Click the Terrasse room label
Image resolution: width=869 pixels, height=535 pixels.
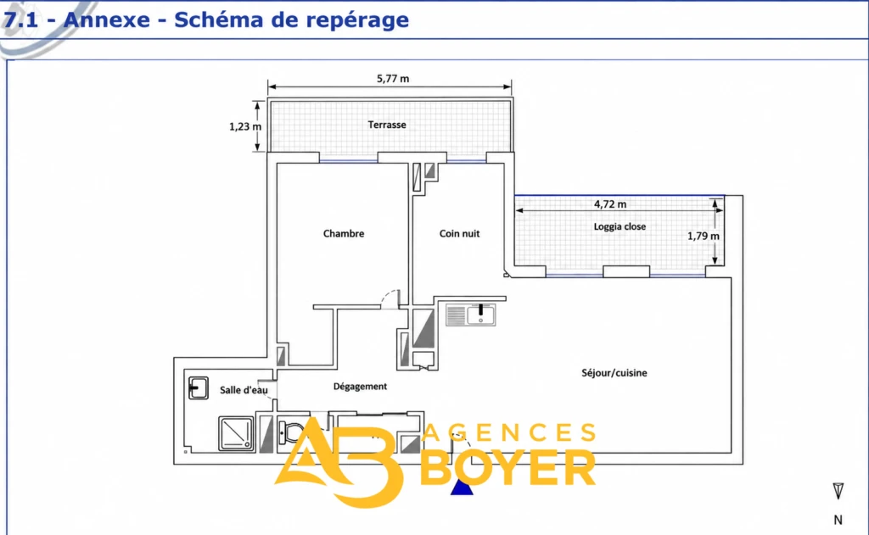(x=387, y=125)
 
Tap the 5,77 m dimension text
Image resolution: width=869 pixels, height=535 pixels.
(x=393, y=79)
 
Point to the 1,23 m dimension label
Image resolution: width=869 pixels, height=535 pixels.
(x=245, y=126)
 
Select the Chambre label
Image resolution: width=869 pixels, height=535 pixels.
(x=344, y=233)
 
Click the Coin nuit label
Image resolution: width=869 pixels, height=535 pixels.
(x=459, y=233)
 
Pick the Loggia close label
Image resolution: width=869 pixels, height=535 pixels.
(x=620, y=226)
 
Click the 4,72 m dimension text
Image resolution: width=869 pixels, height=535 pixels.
(x=610, y=203)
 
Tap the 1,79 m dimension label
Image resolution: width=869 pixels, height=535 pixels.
(x=704, y=236)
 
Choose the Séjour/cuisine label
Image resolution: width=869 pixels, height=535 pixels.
(x=614, y=373)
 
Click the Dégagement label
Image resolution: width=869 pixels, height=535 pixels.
(x=360, y=386)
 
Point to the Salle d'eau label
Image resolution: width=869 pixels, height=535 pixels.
(x=244, y=390)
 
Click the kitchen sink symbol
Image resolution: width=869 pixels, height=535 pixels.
(x=470, y=315)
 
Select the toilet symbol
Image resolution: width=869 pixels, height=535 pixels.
(x=290, y=432)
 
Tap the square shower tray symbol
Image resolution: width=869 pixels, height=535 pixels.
(x=236, y=433)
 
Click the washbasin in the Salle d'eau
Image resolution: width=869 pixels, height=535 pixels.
(x=198, y=387)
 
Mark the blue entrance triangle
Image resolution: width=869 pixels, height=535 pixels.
(x=461, y=488)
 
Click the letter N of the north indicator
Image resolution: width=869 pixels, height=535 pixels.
(x=838, y=520)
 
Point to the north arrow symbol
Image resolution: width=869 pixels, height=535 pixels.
(x=838, y=491)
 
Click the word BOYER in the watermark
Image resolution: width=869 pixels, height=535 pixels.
(x=508, y=468)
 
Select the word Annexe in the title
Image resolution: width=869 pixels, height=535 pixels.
(x=107, y=20)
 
